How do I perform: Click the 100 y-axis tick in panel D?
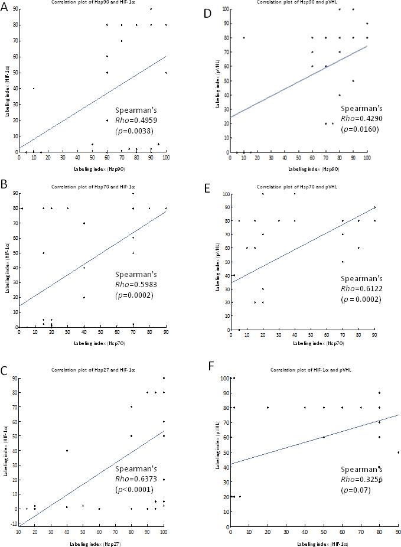[224, 9]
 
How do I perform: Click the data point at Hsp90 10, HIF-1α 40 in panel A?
[33, 89]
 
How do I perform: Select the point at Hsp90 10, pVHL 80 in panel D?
[243, 38]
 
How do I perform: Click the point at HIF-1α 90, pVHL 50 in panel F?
[398, 452]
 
